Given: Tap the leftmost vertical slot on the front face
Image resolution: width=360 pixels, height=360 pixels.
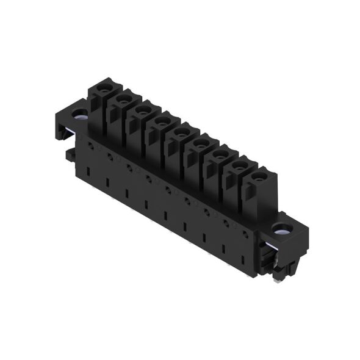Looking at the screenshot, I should pos(88,171).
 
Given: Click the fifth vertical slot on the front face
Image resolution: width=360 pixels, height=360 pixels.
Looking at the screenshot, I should pos(165,216).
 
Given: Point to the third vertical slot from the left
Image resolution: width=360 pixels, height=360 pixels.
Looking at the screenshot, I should pos(126,193).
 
